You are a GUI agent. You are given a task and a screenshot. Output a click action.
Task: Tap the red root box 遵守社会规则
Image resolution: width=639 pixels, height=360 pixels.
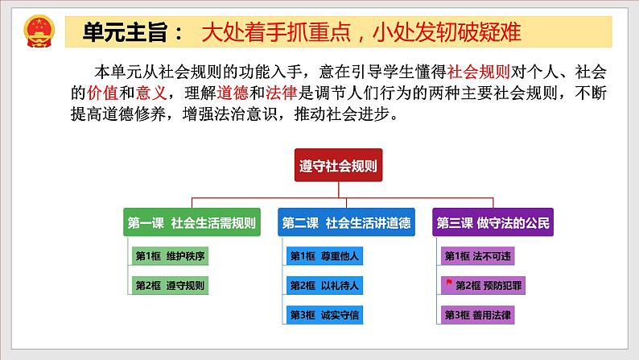click(x=336, y=167)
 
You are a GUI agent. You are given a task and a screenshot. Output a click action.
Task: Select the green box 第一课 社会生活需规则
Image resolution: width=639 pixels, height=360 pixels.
click(x=192, y=223)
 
